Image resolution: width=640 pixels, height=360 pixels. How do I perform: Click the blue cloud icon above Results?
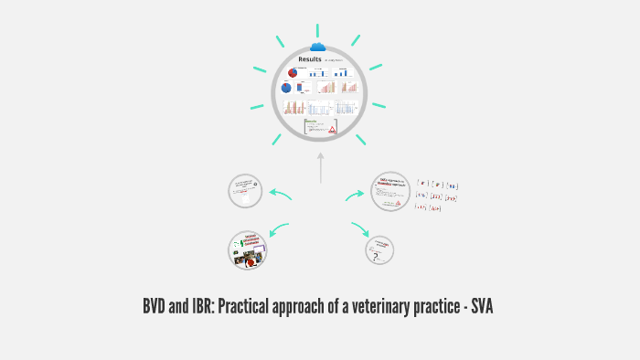318,47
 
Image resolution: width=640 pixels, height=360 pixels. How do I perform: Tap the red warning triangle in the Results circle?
333,130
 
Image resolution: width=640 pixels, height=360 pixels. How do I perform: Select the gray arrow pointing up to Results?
320,168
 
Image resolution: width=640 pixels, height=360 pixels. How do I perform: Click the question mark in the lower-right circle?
375,258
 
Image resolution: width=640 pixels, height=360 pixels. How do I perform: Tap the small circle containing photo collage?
248,249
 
